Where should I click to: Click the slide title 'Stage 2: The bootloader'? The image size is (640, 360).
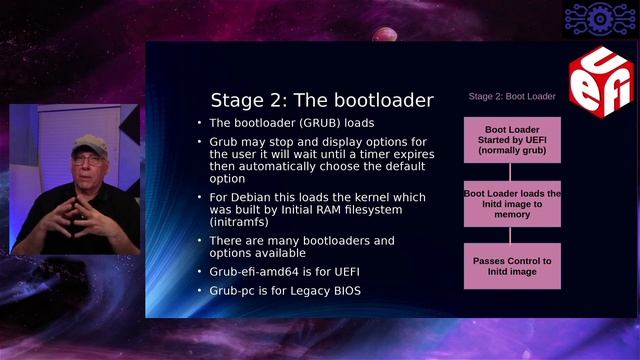tap(321, 100)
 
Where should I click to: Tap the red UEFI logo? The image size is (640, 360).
tap(600, 81)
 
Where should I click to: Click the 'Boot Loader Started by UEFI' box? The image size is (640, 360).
tap(511, 140)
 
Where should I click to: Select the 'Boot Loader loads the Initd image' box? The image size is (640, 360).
tap(511, 203)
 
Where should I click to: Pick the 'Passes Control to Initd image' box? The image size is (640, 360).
tap(511, 266)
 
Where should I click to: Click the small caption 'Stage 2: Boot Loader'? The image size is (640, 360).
tap(512, 97)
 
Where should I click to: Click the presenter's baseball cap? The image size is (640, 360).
tap(90, 144)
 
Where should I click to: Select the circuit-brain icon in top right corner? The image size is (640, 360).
tap(599, 17)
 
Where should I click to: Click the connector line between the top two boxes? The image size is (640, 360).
tap(511, 171)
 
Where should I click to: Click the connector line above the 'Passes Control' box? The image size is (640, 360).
tap(511, 234)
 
